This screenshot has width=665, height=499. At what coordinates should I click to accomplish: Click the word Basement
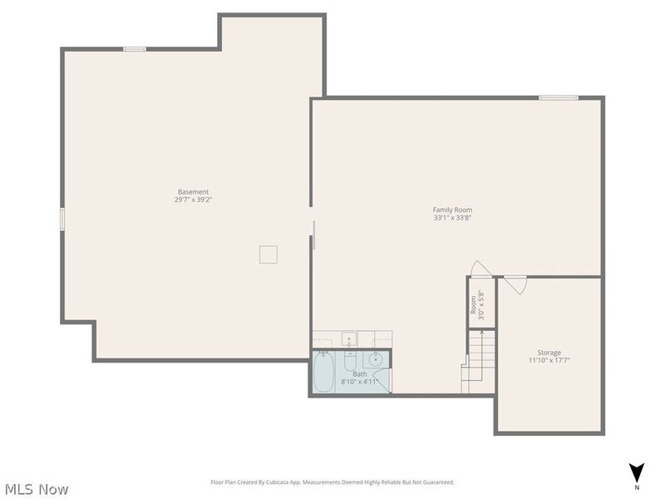coord(193,192)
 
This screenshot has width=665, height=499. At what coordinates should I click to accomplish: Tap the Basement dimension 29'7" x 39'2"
coord(193,200)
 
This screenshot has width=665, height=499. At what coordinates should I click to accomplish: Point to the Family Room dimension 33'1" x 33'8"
coord(452,218)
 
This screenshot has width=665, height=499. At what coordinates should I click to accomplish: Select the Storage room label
coord(549,353)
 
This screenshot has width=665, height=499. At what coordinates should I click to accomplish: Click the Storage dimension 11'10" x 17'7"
coord(549,360)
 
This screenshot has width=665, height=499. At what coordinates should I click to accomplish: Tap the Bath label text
coord(359,374)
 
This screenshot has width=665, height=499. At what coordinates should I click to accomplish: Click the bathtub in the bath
coord(323,372)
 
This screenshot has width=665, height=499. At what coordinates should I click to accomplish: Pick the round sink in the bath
coord(376,359)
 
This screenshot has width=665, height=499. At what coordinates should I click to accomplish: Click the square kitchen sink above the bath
coord(350,338)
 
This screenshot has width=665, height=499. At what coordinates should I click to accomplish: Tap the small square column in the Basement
coord(268,254)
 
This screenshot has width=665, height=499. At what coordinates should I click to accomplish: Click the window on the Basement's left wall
coord(62,219)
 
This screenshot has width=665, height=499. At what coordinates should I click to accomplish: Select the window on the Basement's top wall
coord(135,49)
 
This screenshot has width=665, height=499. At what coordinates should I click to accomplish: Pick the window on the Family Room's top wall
coord(558,98)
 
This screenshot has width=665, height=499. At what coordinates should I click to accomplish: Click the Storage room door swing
coord(516,285)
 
